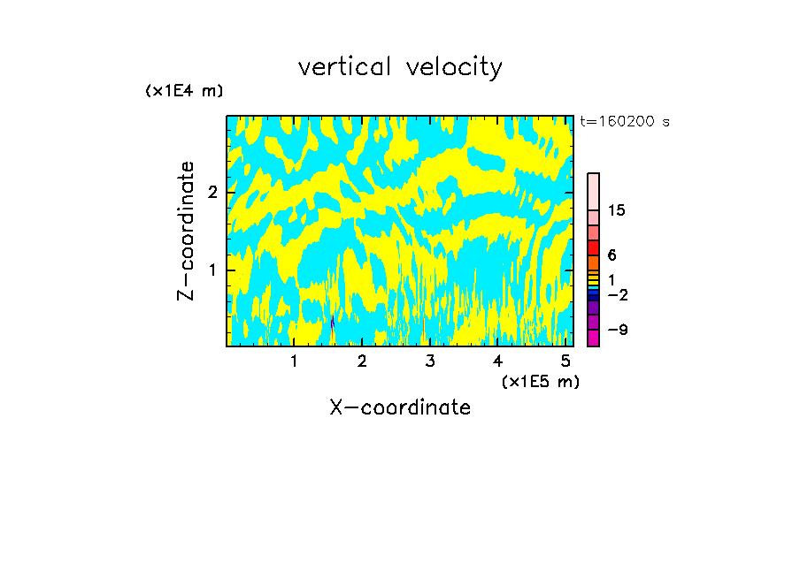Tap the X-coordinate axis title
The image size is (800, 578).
tap(400, 407)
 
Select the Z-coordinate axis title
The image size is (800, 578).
tap(186, 231)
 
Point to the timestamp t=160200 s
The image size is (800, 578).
tap(624, 122)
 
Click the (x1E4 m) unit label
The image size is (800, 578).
tap(184, 91)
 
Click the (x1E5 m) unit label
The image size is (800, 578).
tap(540, 381)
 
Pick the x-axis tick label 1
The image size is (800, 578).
tap(295, 361)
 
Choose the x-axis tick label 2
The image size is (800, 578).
tap(362, 361)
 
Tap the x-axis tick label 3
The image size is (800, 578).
tap(430, 361)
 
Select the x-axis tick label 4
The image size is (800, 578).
tap(497, 361)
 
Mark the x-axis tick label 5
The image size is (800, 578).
tap(565, 361)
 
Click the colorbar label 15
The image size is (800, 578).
tap(617, 210)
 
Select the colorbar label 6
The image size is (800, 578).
tap(612, 255)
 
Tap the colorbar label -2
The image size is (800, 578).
tap(618, 294)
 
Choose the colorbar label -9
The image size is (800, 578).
tap(618, 330)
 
